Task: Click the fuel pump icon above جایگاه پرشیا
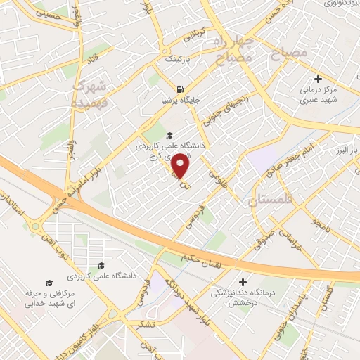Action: pyautogui.click(x=182, y=89)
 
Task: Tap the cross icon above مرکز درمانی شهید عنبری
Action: pyautogui.click(x=319, y=78)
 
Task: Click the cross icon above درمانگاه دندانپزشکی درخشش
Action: pyautogui.click(x=243, y=281)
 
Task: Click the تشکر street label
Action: pyautogui.click(x=145, y=323)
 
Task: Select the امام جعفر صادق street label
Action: pyautogui.click(x=323, y=156)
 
